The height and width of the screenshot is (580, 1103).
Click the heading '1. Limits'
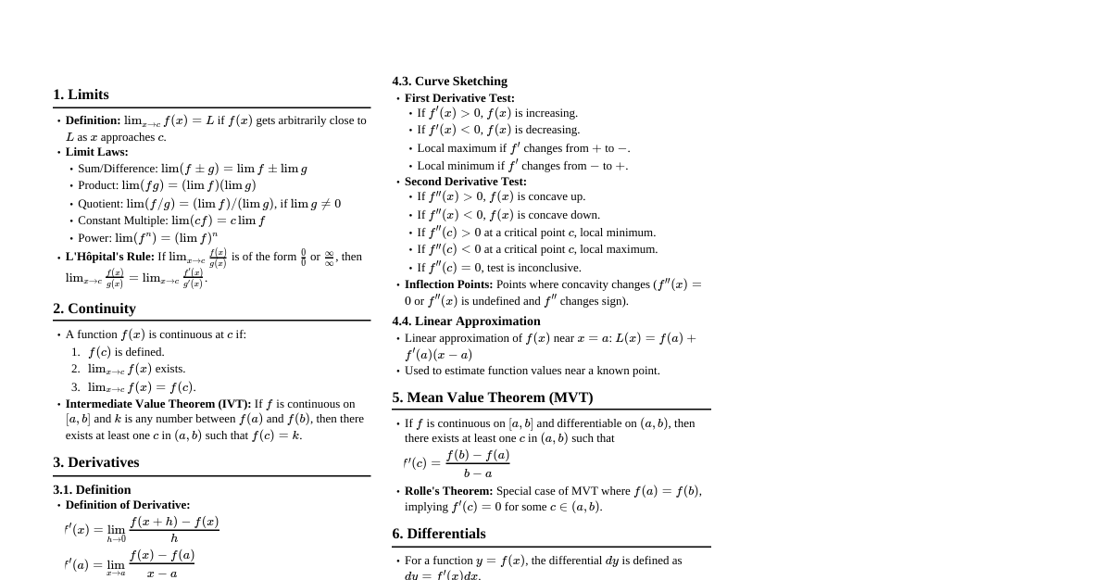[x=81, y=95]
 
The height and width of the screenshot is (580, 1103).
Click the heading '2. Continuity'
[x=94, y=309]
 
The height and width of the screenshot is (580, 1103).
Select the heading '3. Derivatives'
[x=96, y=462]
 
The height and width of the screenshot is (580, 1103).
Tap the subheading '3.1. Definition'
[x=92, y=489]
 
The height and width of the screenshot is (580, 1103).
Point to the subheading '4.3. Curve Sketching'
[x=449, y=82]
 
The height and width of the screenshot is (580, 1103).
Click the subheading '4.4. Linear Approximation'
[x=466, y=322]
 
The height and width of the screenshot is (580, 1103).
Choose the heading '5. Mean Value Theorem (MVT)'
[x=492, y=397]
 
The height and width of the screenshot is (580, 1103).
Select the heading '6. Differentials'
[x=439, y=534]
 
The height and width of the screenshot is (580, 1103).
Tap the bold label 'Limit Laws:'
[x=96, y=152]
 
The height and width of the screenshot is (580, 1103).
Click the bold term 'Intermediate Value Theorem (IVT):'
[x=157, y=404]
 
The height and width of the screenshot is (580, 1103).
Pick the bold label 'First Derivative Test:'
[x=459, y=98]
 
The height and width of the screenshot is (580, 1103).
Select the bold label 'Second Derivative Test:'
[x=465, y=182]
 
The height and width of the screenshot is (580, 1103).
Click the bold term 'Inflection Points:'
[x=448, y=284]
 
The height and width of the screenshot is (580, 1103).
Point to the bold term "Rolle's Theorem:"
[x=448, y=491]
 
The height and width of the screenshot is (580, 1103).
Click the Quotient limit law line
[x=208, y=204]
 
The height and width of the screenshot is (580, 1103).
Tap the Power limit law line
[x=147, y=237]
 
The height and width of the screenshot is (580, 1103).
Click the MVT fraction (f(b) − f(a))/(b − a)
[x=477, y=463]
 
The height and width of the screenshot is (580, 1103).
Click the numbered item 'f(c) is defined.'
[x=126, y=352]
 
